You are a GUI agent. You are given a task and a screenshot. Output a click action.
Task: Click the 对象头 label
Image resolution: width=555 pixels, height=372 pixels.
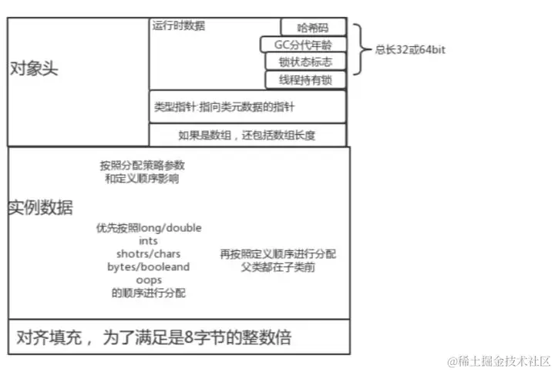[x=33, y=69]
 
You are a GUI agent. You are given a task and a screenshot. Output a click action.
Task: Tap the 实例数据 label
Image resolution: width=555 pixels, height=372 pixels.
[x=41, y=206]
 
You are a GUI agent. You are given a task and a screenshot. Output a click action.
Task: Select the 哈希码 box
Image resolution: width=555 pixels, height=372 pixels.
[x=312, y=27]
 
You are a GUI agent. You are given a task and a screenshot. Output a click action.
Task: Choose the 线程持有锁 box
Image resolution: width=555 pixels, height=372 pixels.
[x=305, y=79]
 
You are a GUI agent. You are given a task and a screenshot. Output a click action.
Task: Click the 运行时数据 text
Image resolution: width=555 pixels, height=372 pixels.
[x=180, y=26]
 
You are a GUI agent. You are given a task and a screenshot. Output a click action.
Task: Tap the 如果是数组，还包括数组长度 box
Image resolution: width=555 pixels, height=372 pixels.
[x=247, y=136]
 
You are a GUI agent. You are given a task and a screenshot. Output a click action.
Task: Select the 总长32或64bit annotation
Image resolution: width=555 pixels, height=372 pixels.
[x=410, y=50]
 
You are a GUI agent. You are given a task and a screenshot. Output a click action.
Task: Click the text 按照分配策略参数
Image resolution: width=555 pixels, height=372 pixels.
[x=143, y=166]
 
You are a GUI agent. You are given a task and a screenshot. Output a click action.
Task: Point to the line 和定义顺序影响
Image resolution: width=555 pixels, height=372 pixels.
[x=143, y=179]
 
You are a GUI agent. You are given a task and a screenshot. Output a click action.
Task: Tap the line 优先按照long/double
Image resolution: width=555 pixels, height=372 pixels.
[x=149, y=228]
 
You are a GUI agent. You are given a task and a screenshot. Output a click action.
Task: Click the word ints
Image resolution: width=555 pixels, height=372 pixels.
[x=149, y=241]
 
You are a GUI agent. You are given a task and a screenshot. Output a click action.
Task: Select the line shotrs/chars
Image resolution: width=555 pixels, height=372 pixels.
[x=149, y=254]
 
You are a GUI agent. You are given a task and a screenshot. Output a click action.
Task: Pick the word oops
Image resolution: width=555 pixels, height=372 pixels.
[x=149, y=280]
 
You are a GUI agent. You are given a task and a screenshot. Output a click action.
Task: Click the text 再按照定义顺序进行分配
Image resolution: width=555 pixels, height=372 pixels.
[x=277, y=254]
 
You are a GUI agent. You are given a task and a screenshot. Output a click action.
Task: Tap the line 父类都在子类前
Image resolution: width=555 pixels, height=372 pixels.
[x=277, y=267]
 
